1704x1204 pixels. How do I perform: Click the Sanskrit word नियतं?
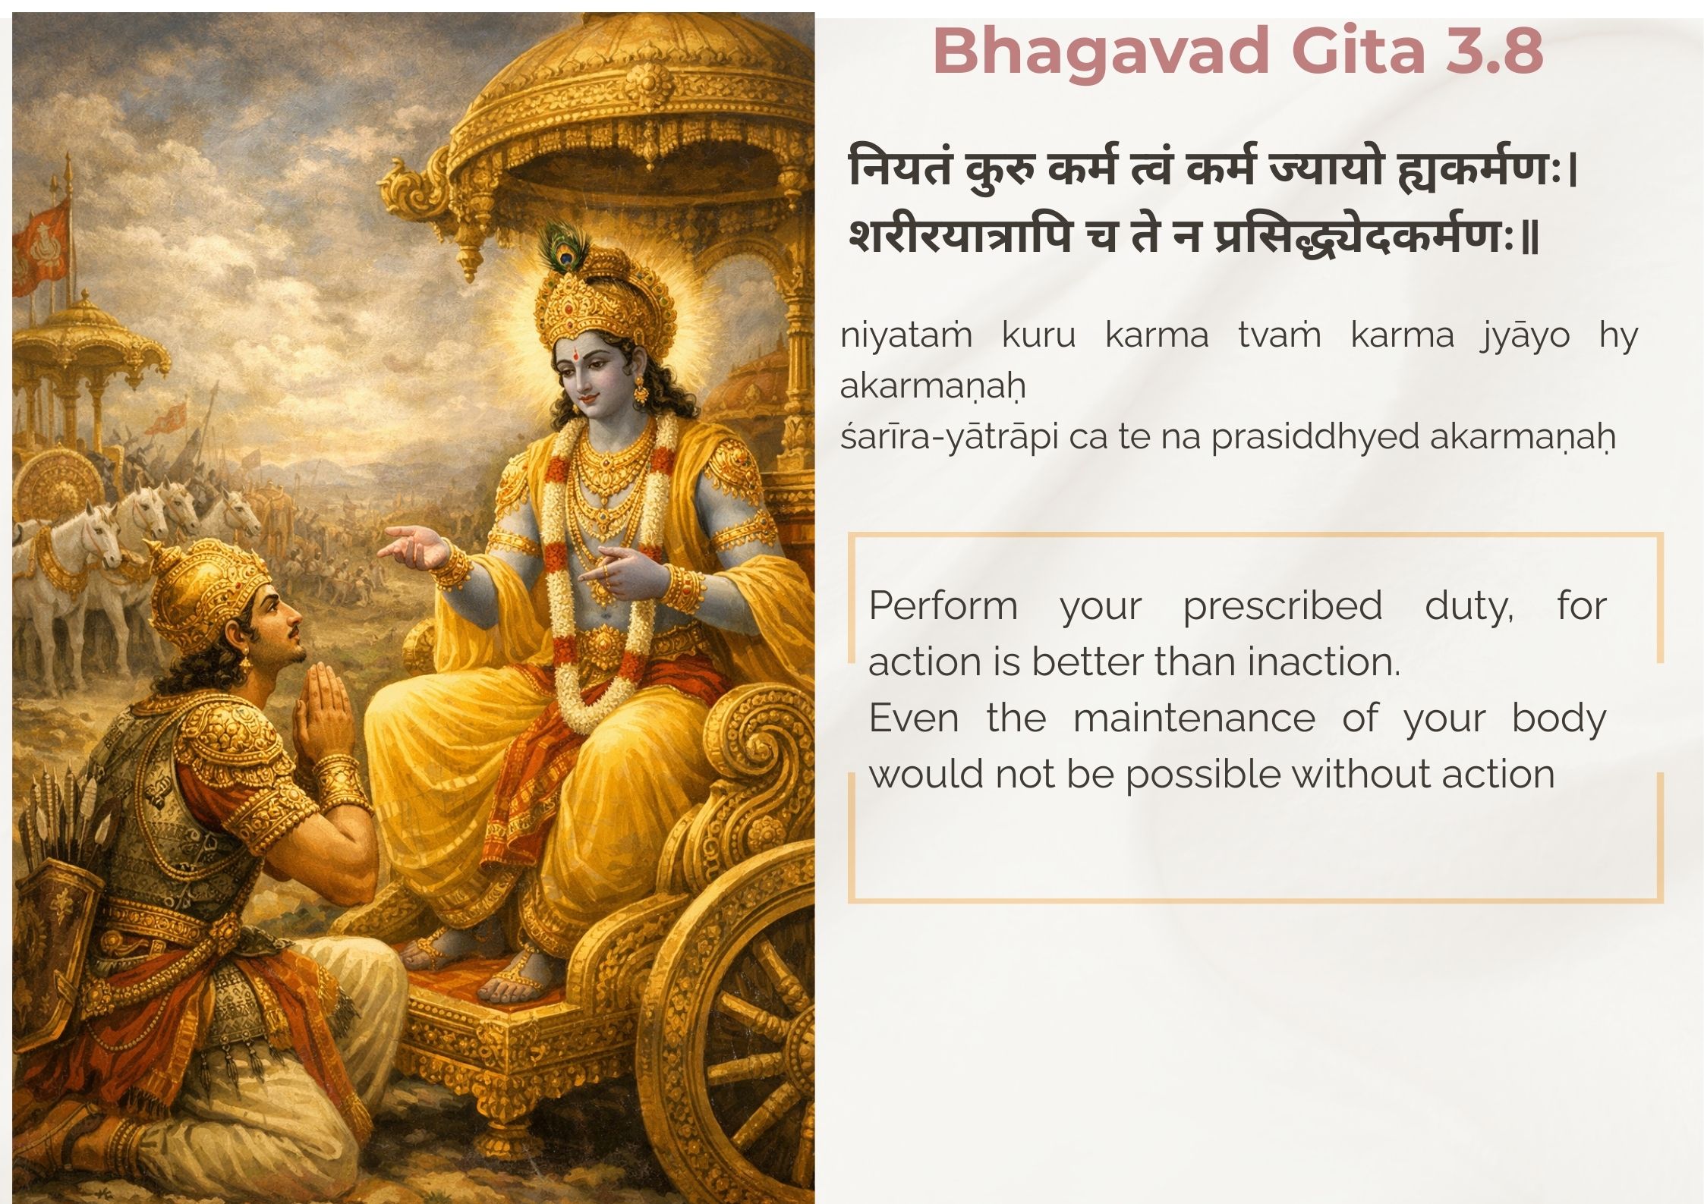click(900, 169)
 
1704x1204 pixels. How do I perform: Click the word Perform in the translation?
click(943, 606)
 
